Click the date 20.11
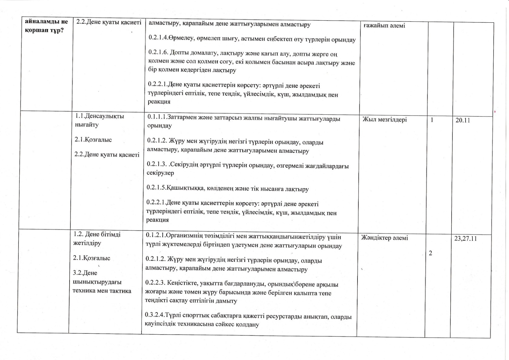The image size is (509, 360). pos(463,120)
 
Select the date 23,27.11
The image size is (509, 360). pos(465,238)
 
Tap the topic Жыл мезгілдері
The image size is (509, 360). pos(384,119)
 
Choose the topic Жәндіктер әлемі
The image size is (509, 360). pos(384,238)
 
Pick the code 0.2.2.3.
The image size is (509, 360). pos(155,282)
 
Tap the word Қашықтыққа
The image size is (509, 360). pos(186,189)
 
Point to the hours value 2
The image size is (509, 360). pos(430,253)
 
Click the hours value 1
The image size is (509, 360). pos(432,120)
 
